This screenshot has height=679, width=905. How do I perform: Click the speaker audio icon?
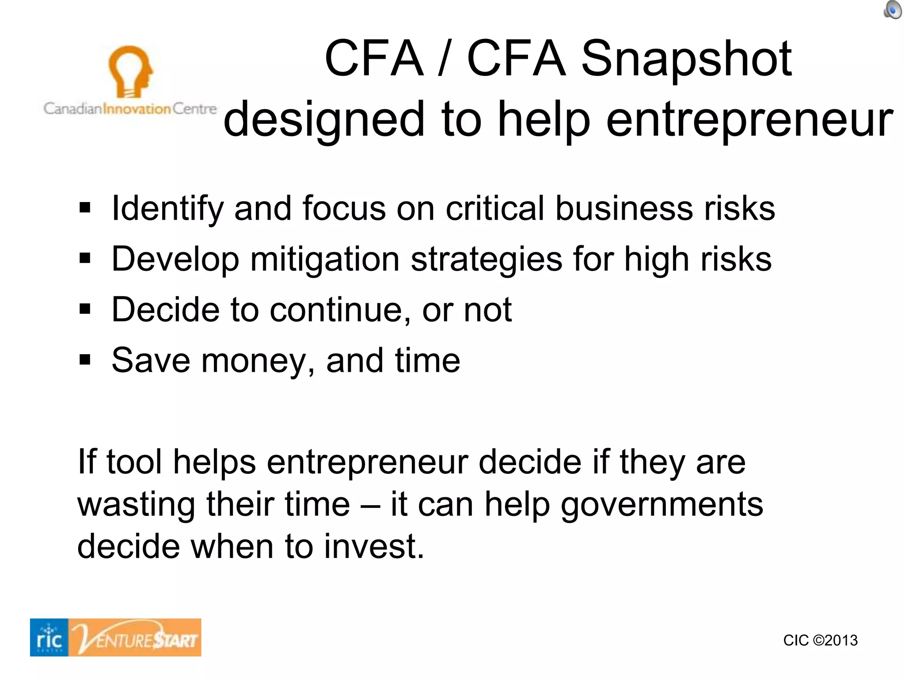[892, 10]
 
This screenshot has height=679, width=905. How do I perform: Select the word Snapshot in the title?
[686, 59]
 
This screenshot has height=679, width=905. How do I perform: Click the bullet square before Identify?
[85, 207]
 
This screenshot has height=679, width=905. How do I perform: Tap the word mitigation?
[325, 259]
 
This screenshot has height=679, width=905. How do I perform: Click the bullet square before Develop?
[85, 258]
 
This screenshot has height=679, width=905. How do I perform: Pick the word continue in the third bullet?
[336, 309]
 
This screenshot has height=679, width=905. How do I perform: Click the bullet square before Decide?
[85, 309]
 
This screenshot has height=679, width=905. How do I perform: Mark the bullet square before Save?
[85, 359]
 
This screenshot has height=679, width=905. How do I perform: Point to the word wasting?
[136, 504]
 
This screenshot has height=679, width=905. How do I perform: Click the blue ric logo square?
[49, 637]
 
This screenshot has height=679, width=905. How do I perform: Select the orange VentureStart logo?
[135, 637]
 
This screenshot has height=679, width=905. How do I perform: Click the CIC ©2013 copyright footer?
[820, 640]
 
